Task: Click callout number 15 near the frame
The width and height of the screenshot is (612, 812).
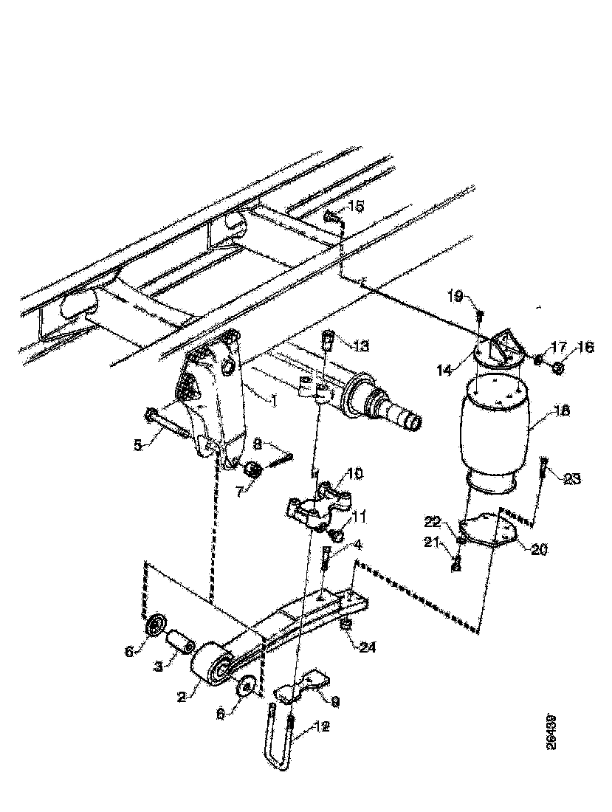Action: (356, 206)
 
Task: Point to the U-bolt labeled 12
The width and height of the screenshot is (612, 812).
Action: (279, 746)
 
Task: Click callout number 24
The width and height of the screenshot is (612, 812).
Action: (368, 647)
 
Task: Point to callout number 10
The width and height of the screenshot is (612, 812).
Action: (355, 472)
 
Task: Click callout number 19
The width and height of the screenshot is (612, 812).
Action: (455, 297)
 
